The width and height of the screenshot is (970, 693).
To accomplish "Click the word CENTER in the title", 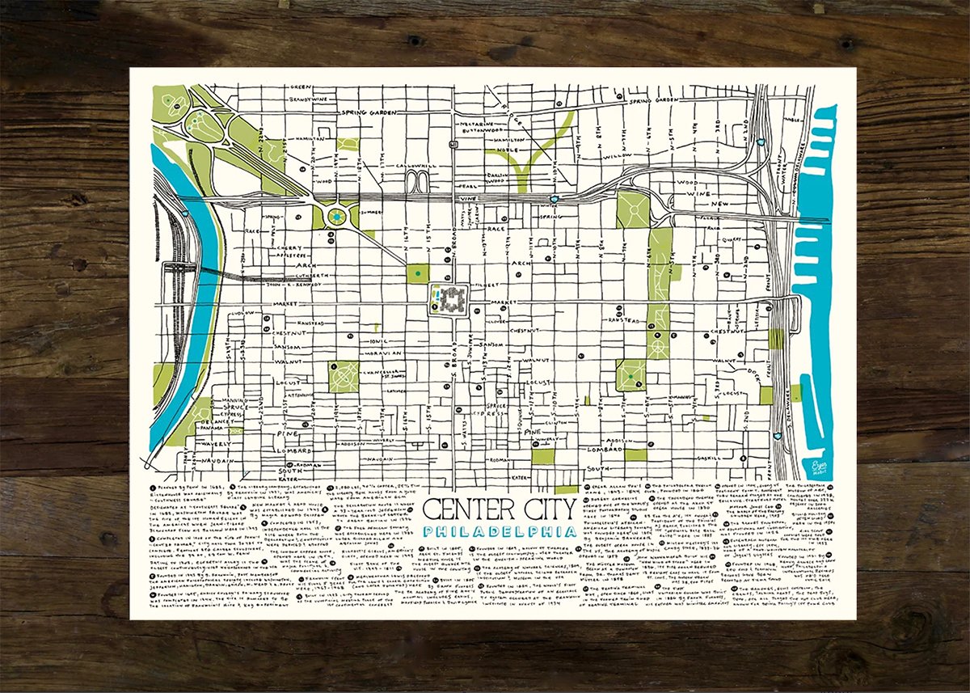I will (462, 509).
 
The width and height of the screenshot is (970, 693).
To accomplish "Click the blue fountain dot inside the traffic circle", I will (335, 217).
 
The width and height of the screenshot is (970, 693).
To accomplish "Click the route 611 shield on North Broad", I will (453, 145).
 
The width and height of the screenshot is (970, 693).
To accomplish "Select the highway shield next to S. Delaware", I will (778, 434).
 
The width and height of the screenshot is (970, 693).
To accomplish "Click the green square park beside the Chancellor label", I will (344, 376).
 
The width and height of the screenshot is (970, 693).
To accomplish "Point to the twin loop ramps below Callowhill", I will (420, 180).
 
